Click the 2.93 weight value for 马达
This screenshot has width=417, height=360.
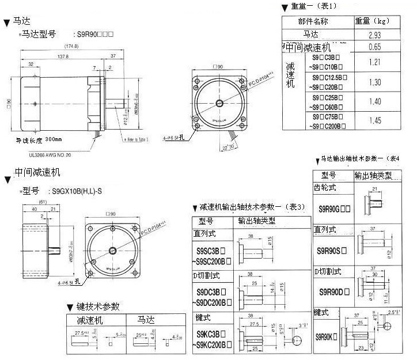point(374,35)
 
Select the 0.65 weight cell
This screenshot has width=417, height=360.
point(374,47)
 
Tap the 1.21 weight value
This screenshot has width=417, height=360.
point(374,62)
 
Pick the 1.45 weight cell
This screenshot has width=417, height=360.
point(374,120)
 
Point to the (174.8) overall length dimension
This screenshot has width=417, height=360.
point(71,46)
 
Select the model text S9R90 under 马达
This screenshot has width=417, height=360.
point(94,34)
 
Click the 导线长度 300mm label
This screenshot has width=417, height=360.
point(39,139)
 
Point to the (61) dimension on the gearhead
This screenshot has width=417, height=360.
point(43,202)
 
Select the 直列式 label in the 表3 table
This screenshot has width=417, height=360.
point(205,234)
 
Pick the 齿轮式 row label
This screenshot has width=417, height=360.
point(325,188)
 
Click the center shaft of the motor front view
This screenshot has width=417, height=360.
point(221,103)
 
